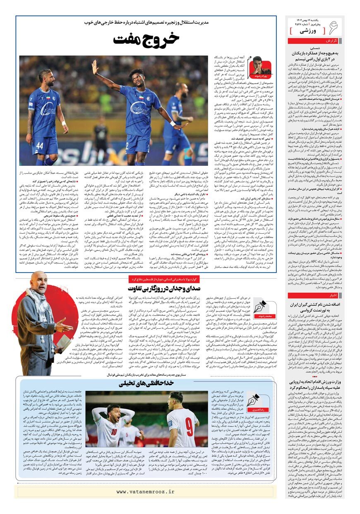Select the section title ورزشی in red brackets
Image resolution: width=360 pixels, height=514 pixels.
pyautogui.click(x=307, y=31)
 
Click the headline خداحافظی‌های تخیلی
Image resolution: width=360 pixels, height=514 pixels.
pyautogui.click(x=146, y=383)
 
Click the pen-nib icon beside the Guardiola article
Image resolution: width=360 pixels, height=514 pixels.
pyautogui.click(x=260, y=308)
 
